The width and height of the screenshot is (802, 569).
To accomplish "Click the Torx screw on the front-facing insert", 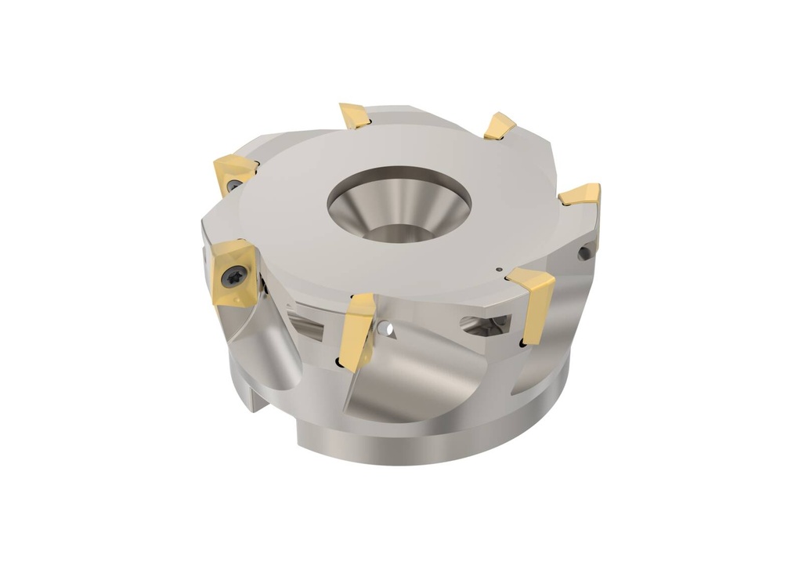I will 234,275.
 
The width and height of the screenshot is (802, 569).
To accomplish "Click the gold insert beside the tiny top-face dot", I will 533,302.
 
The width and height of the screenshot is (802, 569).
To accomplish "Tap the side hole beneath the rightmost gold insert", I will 584,252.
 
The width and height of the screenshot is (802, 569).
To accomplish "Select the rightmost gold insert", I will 581,195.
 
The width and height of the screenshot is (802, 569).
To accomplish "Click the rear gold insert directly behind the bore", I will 354,115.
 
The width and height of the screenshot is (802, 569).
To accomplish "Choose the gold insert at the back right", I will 499,126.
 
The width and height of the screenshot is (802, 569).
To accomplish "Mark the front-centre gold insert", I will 356,329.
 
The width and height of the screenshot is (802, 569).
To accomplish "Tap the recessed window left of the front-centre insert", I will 306,321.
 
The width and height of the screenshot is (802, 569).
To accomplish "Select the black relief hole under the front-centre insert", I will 338,362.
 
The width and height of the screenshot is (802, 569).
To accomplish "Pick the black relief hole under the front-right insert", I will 522,342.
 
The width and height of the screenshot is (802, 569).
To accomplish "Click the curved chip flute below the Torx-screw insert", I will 262,353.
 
